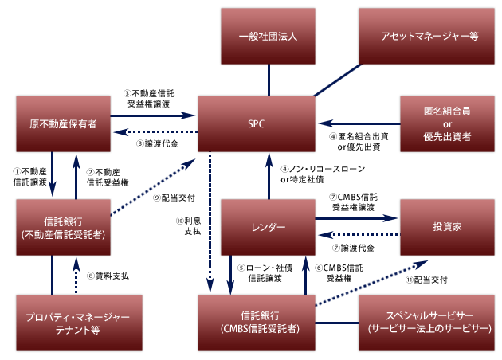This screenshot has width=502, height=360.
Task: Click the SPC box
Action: coord(257,124)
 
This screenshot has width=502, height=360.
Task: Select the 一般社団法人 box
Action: coord(269,35)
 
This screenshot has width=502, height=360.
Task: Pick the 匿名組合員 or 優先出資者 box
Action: coord(447,124)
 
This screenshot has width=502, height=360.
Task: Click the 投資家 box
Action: coord(447,226)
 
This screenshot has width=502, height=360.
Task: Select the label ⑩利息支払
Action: coord(189,225)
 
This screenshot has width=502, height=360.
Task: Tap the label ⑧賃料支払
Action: coord(108,276)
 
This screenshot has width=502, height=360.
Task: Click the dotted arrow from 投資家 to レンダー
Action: coord(359,234)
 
